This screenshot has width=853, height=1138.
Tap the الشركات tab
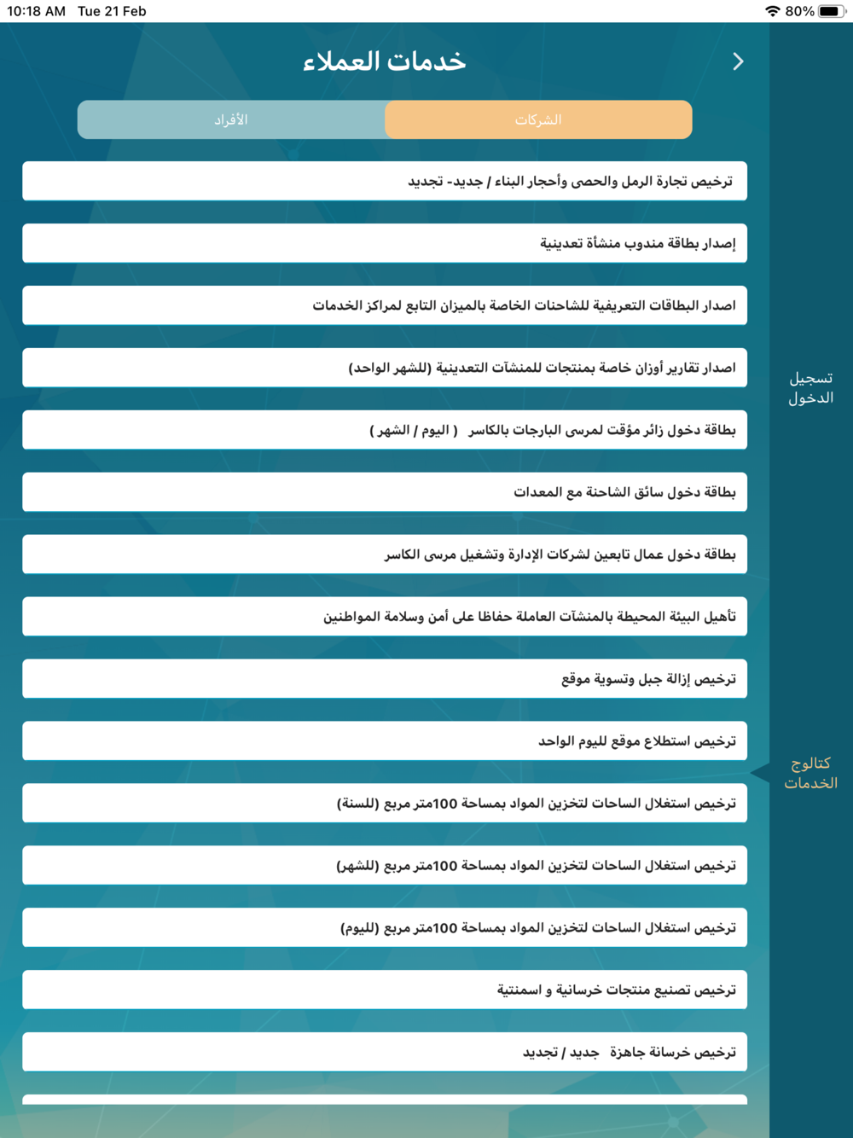point(538,119)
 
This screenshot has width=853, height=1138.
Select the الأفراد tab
point(231,119)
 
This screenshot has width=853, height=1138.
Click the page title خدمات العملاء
point(385,61)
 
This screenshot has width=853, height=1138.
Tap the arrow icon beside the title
point(738,61)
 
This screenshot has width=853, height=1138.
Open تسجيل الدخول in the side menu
point(810,388)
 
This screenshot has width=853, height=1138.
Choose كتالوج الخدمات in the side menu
point(810,773)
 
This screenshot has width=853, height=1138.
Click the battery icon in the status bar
point(832,11)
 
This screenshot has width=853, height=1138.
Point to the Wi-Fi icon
point(772,11)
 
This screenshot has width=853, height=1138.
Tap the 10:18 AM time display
point(36,11)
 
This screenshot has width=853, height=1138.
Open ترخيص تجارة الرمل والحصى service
point(385,181)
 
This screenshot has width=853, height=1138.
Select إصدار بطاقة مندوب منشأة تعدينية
point(385,243)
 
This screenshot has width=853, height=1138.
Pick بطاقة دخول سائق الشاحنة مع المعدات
point(385,492)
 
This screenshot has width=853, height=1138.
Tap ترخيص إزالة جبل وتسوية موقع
point(385,679)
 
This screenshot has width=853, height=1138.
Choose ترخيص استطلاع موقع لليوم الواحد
point(385,741)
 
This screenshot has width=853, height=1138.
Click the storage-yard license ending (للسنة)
point(385,804)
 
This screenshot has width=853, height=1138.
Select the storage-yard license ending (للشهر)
point(385,866)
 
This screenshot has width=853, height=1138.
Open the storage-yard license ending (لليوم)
point(385,928)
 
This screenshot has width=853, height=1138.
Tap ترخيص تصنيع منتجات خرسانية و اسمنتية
point(385,990)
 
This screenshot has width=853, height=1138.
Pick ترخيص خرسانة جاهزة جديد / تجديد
point(385,1053)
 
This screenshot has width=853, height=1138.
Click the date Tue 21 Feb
point(112,11)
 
